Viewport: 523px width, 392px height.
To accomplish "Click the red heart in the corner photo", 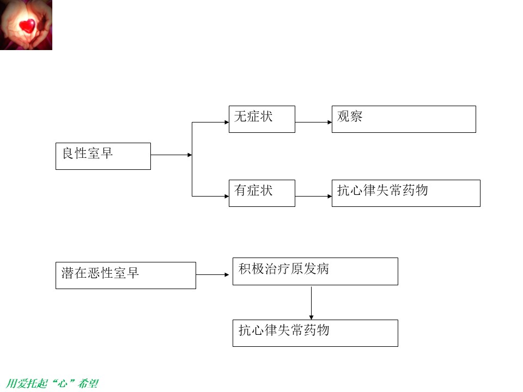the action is coord(27,26).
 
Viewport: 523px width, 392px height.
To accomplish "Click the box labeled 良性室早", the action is coord(103,156).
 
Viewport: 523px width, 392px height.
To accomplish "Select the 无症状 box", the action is coord(262,119).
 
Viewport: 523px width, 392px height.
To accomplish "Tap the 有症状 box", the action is coord(262,193).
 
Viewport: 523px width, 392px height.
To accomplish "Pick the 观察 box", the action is coord(404,119).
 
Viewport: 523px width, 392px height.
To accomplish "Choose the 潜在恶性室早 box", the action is coord(126,275).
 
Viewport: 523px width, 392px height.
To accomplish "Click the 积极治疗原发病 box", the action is coord(315,271).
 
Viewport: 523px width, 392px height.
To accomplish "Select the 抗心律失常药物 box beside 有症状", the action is coord(406,193).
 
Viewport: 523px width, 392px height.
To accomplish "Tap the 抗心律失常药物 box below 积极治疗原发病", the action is coord(315,333).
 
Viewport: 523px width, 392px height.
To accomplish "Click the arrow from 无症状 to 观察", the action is coord(314,122).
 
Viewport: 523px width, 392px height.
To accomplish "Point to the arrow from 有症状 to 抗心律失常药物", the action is coord(314,197).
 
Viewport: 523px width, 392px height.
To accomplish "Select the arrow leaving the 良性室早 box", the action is coord(172,155).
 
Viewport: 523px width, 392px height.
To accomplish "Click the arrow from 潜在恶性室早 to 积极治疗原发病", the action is coord(212,275).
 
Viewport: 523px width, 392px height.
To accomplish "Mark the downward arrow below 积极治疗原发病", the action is coord(311,303).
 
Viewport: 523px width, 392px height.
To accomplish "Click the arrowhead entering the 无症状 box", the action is coord(227,122).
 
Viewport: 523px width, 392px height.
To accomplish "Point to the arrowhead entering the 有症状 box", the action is coord(227,197).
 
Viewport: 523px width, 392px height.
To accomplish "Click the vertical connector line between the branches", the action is coord(192,160).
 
